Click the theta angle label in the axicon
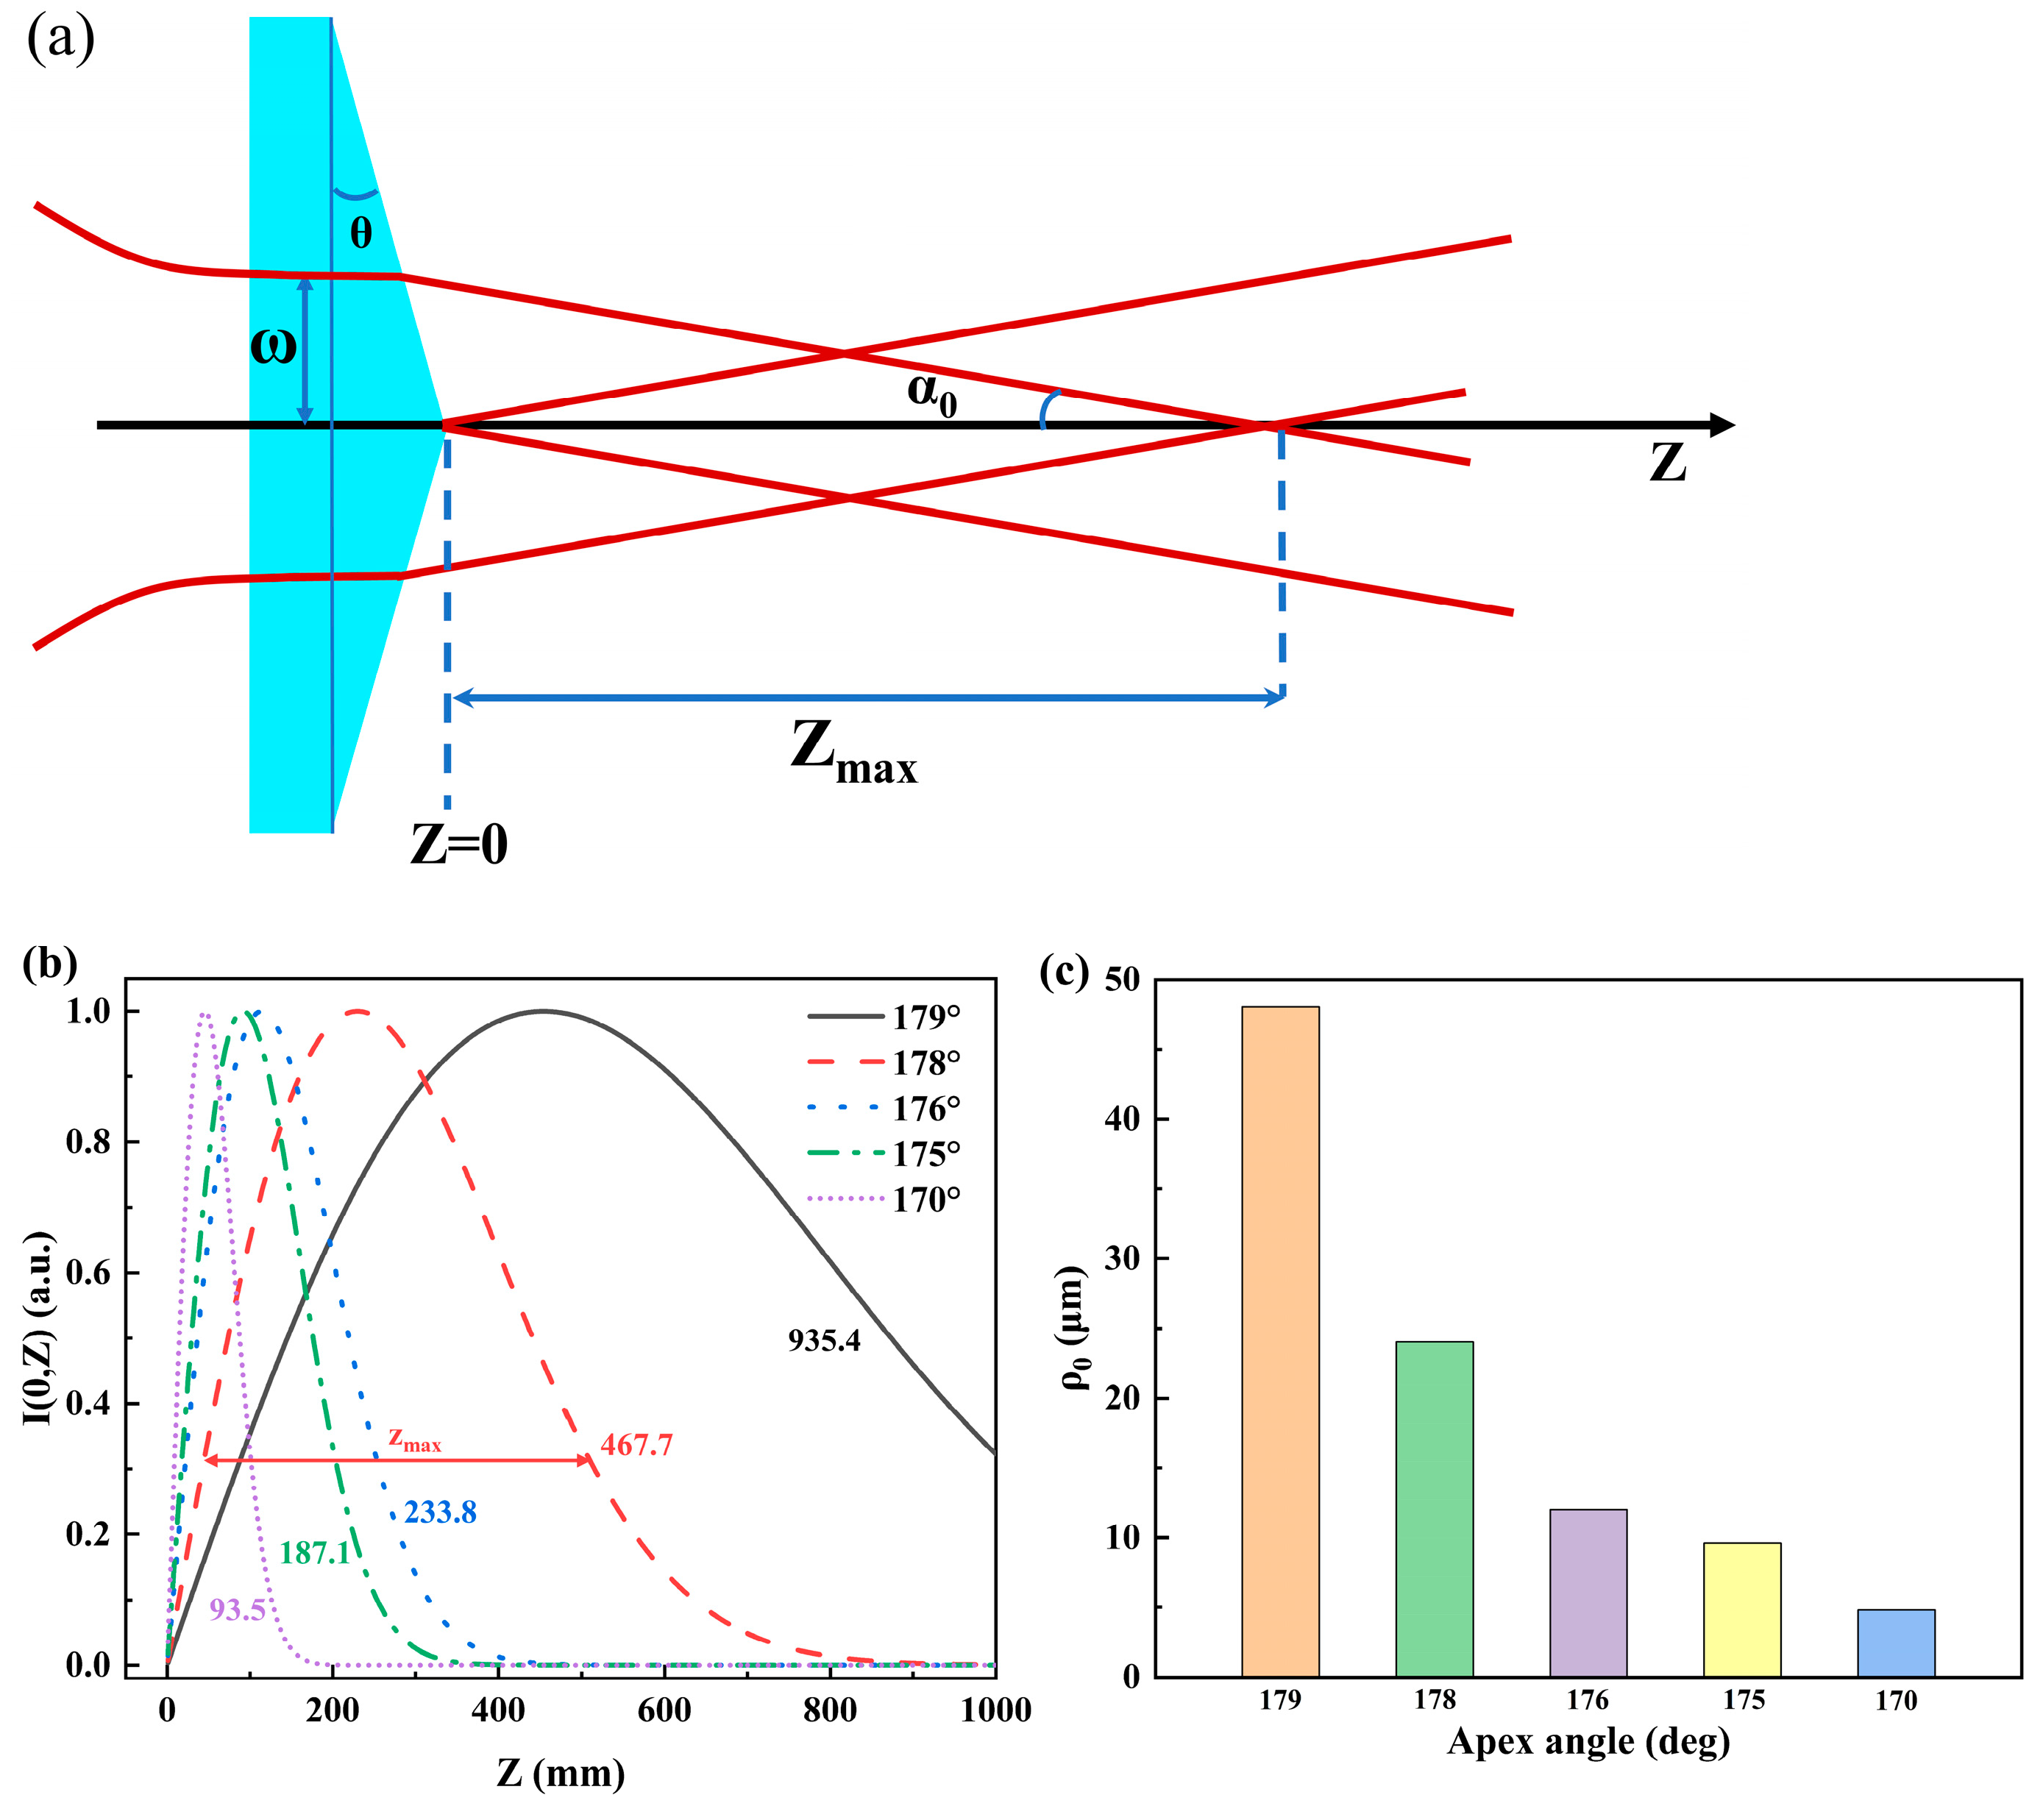tap(360, 233)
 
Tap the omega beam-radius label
tap(272, 346)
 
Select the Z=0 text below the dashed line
tap(459, 845)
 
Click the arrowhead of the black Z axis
tap(1722, 424)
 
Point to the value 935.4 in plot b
tap(823, 1341)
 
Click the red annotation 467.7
tap(636, 1446)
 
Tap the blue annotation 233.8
tap(440, 1513)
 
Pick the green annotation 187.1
tap(315, 1553)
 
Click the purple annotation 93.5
tap(237, 1610)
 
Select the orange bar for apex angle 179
tap(1279, 1340)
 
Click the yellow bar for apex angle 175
tap(1741, 1609)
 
